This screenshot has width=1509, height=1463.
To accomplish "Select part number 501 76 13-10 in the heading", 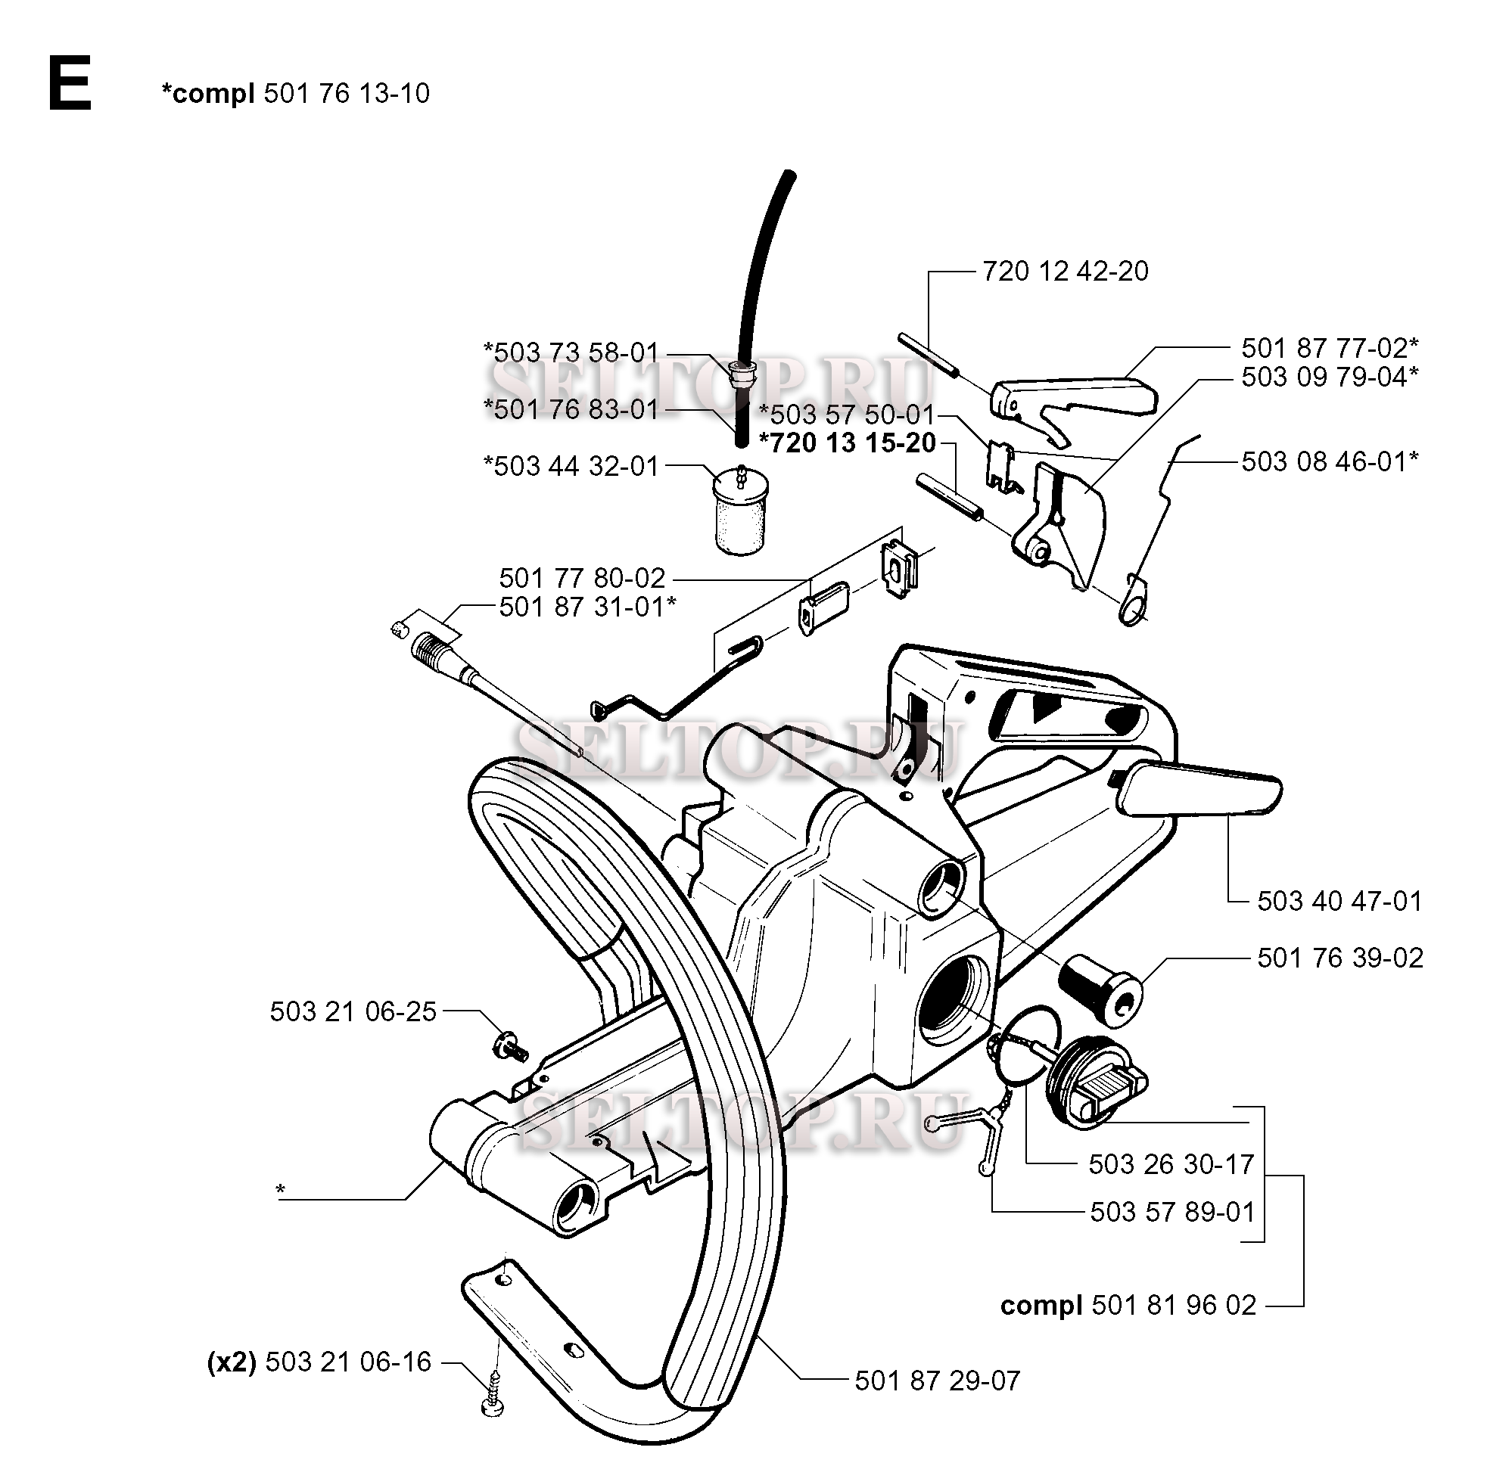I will point(346,94).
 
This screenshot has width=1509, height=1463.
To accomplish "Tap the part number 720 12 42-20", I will point(1065,272).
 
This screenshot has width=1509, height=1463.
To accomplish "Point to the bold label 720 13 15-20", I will point(847,443).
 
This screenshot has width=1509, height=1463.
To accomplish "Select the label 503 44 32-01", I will point(571,467).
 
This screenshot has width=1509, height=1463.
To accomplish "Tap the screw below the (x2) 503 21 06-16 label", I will point(492,1405).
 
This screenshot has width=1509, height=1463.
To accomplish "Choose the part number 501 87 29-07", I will point(937,1381).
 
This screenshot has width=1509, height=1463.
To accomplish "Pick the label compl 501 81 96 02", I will point(1128,1305).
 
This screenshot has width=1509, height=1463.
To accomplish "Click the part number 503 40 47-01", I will point(1339,901).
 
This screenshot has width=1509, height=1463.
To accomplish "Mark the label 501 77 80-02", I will point(582,578).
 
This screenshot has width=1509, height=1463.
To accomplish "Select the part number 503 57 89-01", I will point(1171,1212).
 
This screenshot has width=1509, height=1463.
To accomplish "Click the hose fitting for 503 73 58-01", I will point(743,375).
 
